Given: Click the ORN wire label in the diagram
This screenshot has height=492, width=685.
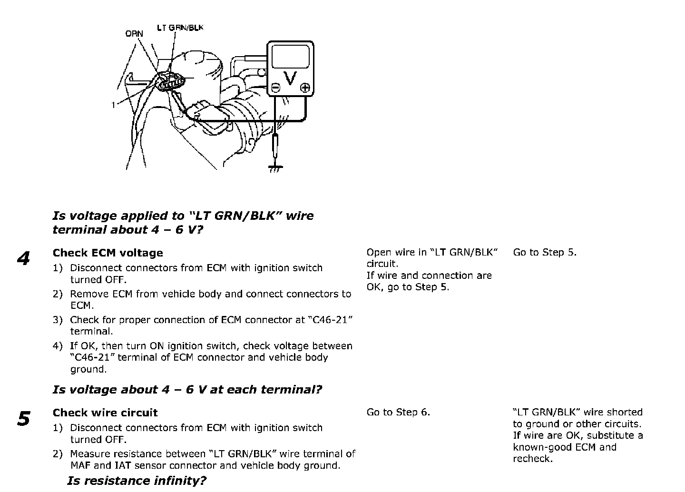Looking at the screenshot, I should click(x=134, y=34).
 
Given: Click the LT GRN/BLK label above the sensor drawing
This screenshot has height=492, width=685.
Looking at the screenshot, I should click(x=180, y=28).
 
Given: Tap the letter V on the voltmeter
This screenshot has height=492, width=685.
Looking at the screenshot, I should click(x=290, y=78).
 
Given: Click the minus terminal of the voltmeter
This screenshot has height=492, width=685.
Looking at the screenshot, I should click(x=275, y=88).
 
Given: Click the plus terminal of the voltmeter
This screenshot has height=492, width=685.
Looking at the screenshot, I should click(x=305, y=87).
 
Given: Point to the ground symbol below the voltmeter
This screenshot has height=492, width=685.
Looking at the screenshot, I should click(x=275, y=168).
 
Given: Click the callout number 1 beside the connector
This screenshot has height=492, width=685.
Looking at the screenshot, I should click(x=113, y=105).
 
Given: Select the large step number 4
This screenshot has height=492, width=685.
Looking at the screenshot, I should click(x=23, y=259).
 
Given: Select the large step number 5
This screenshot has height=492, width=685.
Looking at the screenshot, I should click(x=23, y=419).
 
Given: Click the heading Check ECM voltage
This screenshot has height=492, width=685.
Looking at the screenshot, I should click(x=108, y=253).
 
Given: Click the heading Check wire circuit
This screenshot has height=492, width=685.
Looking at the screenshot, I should click(x=105, y=413).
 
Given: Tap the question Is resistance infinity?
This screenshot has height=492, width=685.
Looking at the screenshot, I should click(x=137, y=481).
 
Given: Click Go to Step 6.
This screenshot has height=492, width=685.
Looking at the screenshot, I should click(x=398, y=412).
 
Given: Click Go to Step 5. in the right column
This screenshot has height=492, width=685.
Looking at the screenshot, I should click(x=545, y=252).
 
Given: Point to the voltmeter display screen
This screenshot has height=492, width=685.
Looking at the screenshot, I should click(x=290, y=57).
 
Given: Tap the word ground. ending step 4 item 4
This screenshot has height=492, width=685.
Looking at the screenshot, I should click(x=88, y=369).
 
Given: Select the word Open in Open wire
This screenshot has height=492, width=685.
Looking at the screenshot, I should click(x=379, y=252).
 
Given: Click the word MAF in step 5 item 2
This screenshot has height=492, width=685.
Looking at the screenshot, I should click(x=80, y=465).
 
